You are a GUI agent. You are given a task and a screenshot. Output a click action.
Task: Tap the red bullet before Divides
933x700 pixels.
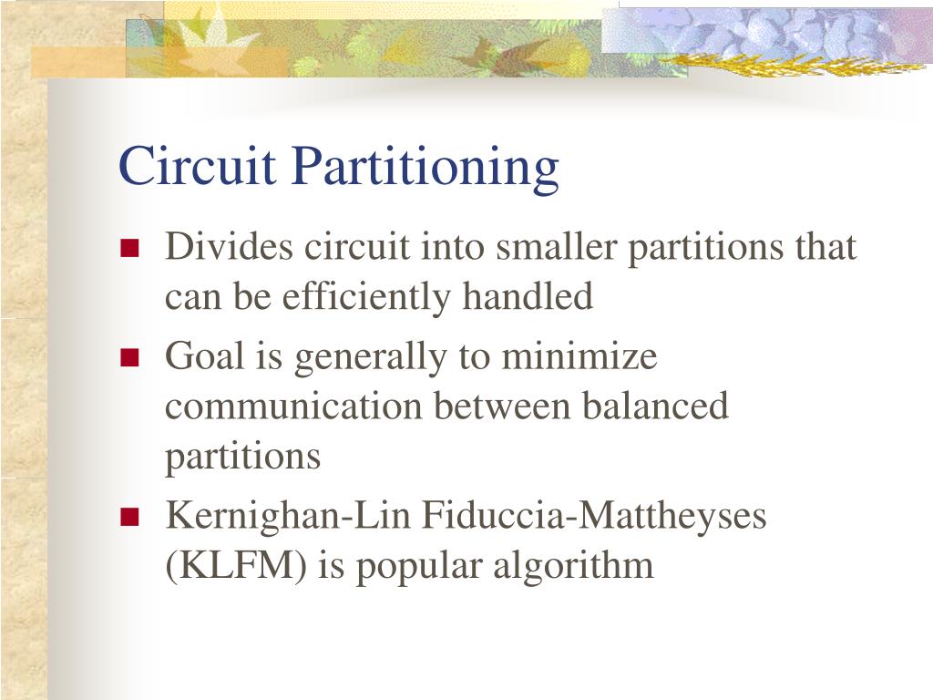click(x=128, y=248)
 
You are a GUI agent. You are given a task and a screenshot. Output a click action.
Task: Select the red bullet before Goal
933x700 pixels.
click(x=128, y=357)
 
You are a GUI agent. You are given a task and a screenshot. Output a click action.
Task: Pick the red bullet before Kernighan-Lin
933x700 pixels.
click(x=128, y=518)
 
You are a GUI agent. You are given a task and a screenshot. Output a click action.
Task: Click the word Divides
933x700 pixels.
click(x=230, y=247)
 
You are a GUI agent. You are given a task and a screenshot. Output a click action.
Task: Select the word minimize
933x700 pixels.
click(x=579, y=356)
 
